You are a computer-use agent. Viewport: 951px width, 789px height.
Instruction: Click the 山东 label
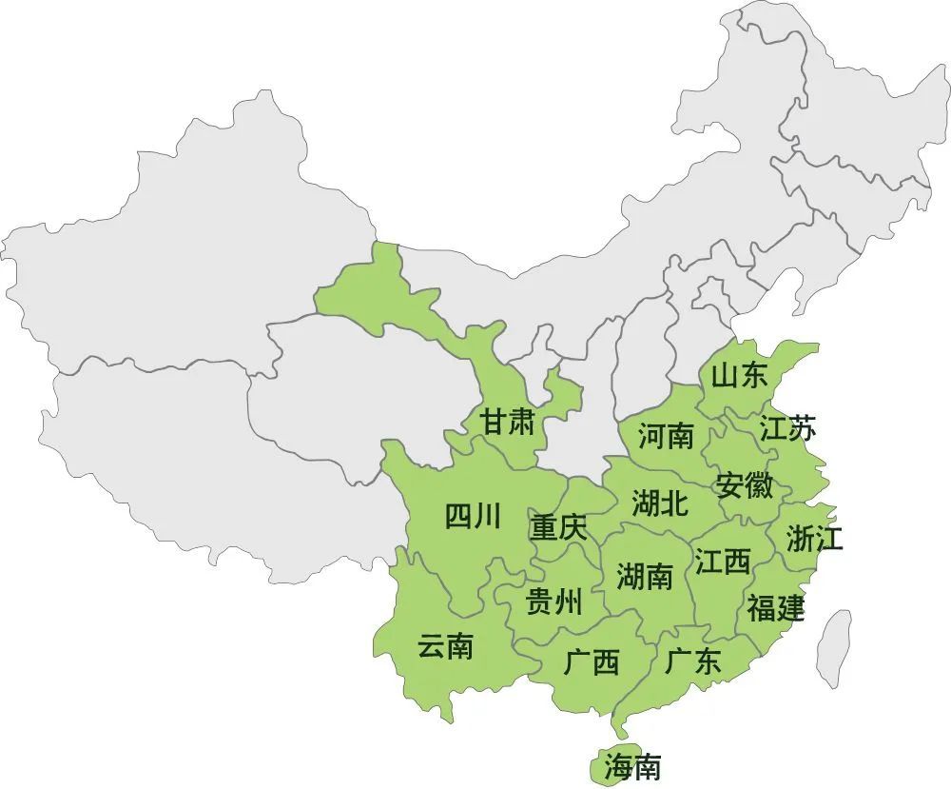click(x=739, y=376)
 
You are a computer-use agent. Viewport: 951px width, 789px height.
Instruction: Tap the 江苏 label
click(x=787, y=429)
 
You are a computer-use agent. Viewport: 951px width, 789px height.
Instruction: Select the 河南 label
click(x=666, y=437)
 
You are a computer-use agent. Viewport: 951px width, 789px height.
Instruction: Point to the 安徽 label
click(x=745, y=485)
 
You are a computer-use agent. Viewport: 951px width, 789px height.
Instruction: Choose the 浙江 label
click(x=815, y=539)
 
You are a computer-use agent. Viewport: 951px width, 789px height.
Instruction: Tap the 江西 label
click(x=723, y=562)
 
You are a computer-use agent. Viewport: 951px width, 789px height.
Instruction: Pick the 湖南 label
click(x=645, y=576)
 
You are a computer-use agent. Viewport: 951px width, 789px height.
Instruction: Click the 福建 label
click(x=775, y=607)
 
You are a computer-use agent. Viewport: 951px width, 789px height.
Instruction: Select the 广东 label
click(x=693, y=661)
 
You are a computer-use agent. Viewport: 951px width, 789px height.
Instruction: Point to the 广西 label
click(x=592, y=661)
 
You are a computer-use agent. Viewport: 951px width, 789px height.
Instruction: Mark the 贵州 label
click(x=554, y=602)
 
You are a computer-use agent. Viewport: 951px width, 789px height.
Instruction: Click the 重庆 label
click(x=559, y=527)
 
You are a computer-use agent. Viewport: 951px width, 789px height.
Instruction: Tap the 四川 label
click(x=473, y=517)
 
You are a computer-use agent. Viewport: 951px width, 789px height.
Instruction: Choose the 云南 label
click(x=445, y=647)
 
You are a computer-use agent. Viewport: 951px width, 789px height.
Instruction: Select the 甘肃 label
click(x=508, y=423)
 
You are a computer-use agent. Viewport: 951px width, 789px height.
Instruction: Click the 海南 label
click(x=632, y=766)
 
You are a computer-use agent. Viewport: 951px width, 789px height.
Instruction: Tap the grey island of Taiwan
click(x=834, y=648)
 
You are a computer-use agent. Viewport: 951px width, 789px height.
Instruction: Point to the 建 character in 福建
click(x=789, y=607)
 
